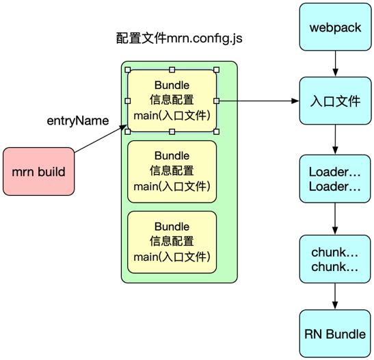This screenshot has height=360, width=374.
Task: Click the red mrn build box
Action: pos(38,171)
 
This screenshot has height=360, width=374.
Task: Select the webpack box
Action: pos(334,28)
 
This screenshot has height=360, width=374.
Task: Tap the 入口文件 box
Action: pos(334,101)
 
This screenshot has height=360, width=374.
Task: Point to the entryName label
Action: pos(77,120)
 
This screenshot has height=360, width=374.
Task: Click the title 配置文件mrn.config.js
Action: pos(178,38)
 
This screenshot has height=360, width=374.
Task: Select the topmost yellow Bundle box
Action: pos(172,101)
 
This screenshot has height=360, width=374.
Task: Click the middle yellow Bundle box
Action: pos(172,171)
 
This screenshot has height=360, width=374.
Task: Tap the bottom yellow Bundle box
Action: pos(172,242)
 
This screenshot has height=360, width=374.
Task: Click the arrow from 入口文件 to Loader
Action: pos(334,139)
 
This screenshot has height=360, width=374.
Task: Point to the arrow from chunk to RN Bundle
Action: pos(334,296)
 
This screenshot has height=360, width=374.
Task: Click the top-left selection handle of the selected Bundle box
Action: pos(128,70)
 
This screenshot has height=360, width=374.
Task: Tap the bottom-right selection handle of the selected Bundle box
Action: pos(216,131)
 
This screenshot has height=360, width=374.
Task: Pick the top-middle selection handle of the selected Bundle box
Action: pos(172,70)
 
